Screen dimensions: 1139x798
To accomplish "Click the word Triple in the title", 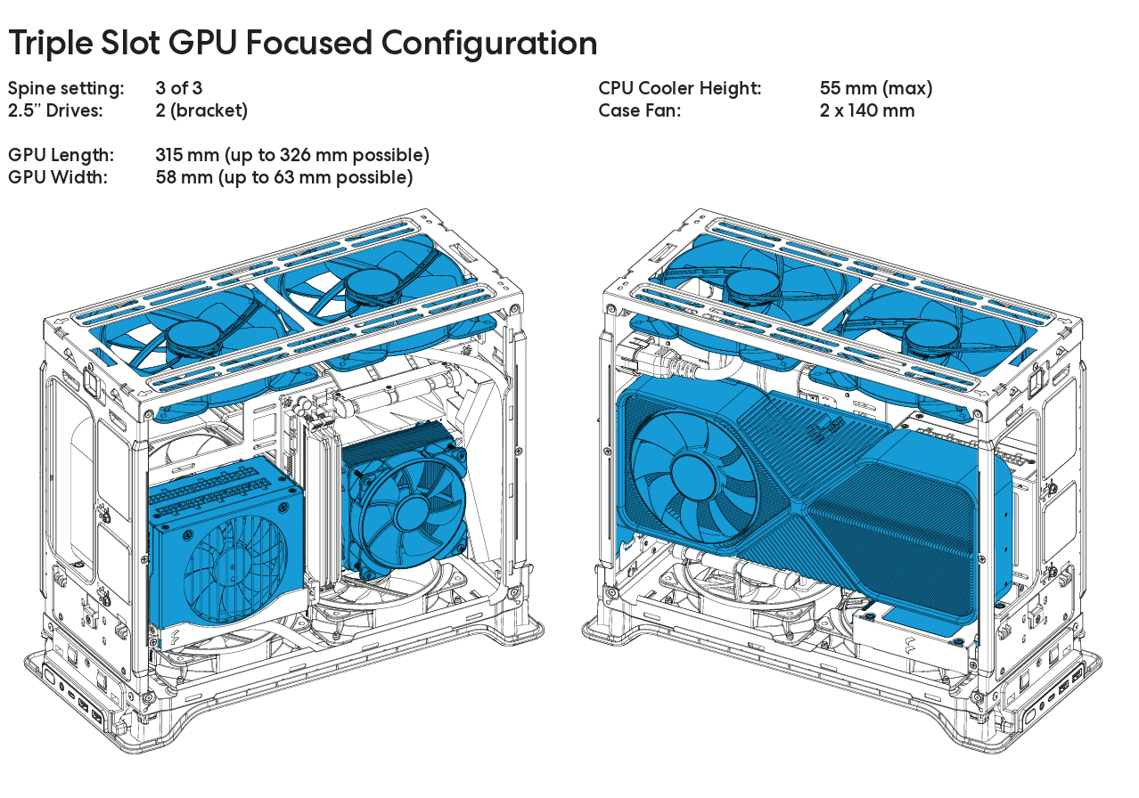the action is [x=51, y=44].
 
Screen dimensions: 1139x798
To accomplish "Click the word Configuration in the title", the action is [x=489, y=44].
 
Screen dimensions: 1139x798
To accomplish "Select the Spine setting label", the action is [x=66, y=89].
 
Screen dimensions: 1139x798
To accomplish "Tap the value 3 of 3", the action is [x=179, y=88].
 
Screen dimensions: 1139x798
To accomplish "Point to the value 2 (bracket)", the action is [x=201, y=110].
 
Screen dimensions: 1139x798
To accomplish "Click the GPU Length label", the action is [x=61, y=156].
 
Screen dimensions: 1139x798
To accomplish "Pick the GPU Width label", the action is [x=58, y=177].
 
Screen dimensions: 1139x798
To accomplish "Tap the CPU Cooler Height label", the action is [x=680, y=88].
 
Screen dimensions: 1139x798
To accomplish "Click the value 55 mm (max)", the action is [x=876, y=88].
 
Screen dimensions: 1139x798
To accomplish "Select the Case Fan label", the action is [x=640, y=110].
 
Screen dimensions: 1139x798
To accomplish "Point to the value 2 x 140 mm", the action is [x=867, y=110].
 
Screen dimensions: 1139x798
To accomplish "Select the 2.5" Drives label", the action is [x=55, y=110].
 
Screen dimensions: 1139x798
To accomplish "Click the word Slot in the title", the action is [x=130, y=43].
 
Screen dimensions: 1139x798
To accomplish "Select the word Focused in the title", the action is [x=309, y=43].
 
